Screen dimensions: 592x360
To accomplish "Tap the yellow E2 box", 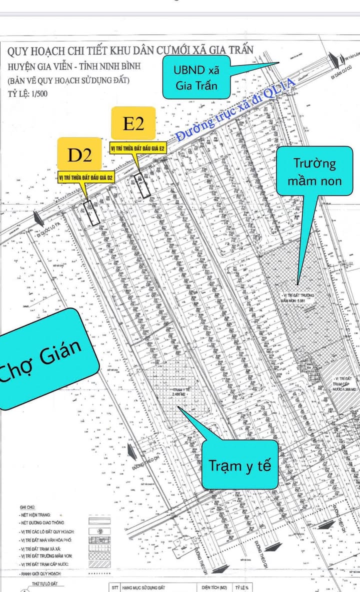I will click(x=133, y=123).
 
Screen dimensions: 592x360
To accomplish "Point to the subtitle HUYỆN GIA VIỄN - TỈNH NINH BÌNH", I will click(x=74, y=66).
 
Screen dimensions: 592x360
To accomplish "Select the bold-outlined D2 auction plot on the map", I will click(x=91, y=214).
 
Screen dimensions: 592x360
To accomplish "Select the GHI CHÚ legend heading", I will click(x=28, y=507).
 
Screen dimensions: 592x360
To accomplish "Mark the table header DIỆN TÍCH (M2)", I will click(x=215, y=587).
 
